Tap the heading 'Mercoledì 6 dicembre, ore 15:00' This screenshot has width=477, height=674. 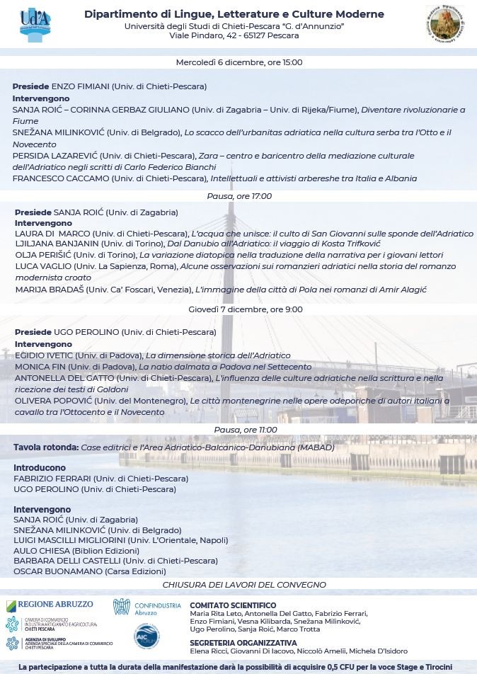click(x=238, y=62)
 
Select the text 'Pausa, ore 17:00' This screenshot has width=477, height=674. click(x=239, y=196)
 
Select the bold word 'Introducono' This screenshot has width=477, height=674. click(x=40, y=468)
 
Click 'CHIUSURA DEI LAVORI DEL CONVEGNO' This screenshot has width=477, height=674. click(x=244, y=585)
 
